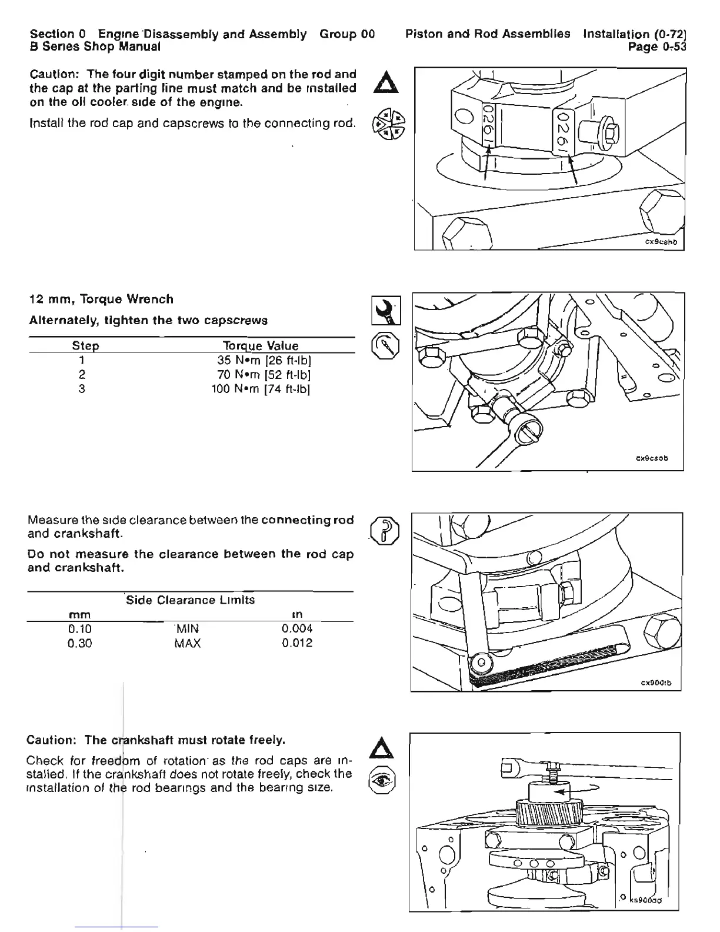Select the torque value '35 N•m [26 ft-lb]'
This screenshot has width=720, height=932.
(x=261, y=360)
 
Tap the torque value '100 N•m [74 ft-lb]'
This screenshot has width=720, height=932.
(x=261, y=389)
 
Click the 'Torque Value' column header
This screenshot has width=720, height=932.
(x=261, y=346)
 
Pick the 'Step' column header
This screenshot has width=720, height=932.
(x=85, y=346)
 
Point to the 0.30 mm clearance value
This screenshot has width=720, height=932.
(x=80, y=643)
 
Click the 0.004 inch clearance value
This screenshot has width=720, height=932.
(x=297, y=629)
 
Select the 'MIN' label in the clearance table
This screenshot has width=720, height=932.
(x=188, y=629)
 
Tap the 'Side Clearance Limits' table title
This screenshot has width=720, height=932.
(x=191, y=600)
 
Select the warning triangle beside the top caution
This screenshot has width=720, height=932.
(x=386, y=82)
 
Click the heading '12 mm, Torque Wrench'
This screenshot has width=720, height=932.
(x=102, y=299)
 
